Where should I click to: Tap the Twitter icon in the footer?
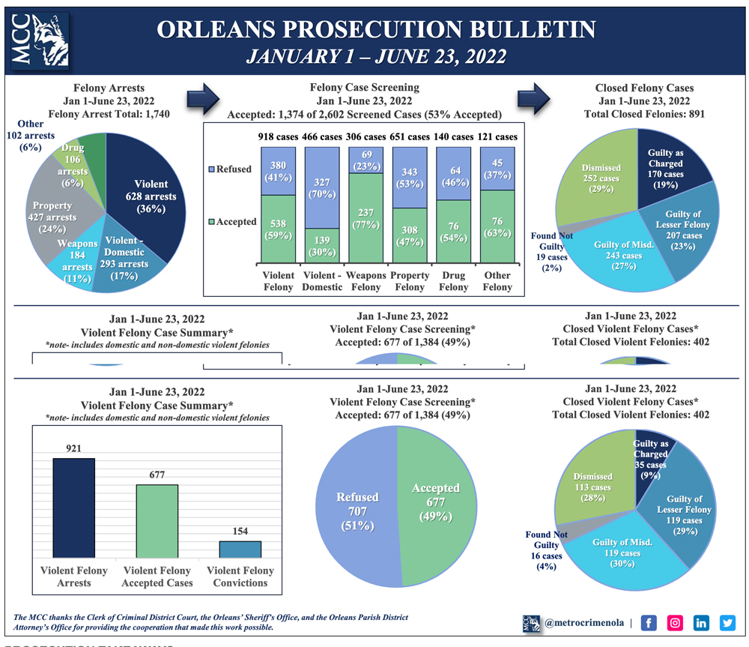(x=727, y=622)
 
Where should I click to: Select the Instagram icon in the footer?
(x=676, y=622)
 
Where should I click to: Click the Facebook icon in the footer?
(x=649, y=622)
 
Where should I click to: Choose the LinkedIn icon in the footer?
(x=702, y=622)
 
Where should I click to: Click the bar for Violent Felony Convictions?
(x=240, y=549)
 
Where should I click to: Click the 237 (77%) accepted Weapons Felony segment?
(x=366, y=217)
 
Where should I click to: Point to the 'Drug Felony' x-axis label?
(x=454, y=280)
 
